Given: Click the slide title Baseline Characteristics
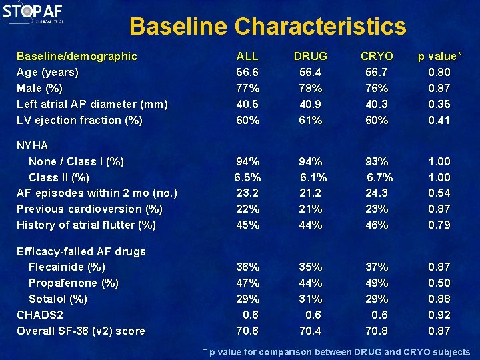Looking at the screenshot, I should pyautogui.click(x=267, y=27).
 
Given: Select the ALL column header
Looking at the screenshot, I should pyautogui.click(x=247, y=56).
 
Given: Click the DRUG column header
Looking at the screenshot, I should pyautogui.click(x=311, y=56).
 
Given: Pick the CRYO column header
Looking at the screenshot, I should pyautogui.click(x=377, y=56).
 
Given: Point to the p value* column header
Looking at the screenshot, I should pyautogui.click(x=439, y=56).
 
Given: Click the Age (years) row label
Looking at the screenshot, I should pyautogui.click(x=47, y=72).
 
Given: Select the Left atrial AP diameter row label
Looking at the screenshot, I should pyautogui.click(x=92, y=104).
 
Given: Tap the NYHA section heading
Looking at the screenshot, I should pyautogui.click(x=33, y=145).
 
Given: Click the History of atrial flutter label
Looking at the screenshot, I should pyautogui.click(x=86, y=225).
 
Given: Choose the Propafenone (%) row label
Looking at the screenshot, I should pyautogui.click(x=73, y=283).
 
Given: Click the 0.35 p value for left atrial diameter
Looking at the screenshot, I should pyautogui.click(x=439, y=104).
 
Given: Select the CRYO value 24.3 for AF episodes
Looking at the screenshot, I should pyautogui.click(x=377, y=193).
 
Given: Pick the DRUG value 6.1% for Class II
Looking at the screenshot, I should pyautogui.click(x=313, y=177).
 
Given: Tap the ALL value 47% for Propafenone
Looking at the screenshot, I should pyautogui.click(x=247, y=283).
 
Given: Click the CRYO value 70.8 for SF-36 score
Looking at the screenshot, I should pyautogui.click(x=377, y=331).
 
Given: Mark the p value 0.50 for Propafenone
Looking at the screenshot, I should pyautogui.click(x=439, y=283).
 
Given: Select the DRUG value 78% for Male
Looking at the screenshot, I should pyautogui.click(x=311, y=88).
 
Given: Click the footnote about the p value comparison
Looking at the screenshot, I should pyautogui.click(x=336, y=352).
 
